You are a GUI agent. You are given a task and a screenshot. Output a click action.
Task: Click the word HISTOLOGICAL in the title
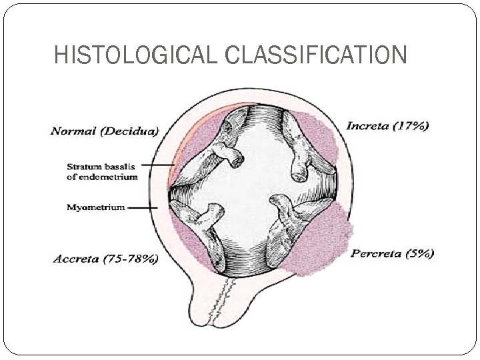137,54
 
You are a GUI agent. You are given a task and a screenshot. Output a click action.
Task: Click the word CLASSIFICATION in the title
316,54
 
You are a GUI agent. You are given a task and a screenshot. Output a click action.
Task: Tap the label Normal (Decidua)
105,131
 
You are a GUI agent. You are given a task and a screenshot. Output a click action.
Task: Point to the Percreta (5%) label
393,253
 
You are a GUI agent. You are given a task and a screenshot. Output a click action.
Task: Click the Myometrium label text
95,207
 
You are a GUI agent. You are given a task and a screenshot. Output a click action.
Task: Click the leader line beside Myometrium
142,207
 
